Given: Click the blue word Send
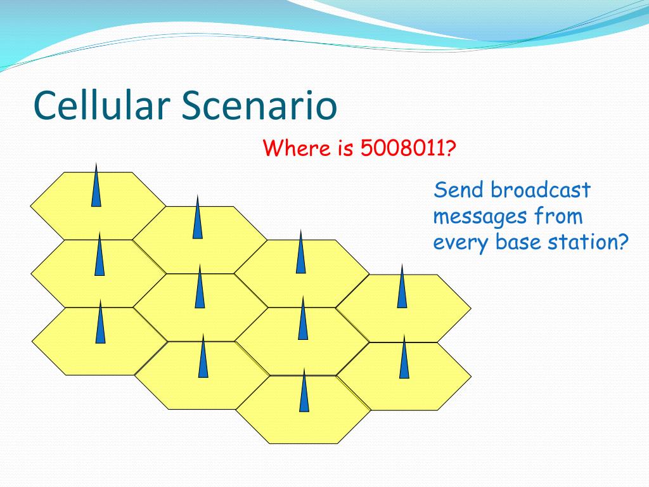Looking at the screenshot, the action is [459, 190].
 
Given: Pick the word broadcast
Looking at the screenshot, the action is [541, 190].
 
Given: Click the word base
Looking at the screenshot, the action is [518, 242].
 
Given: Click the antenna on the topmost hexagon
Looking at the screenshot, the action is [96, 185].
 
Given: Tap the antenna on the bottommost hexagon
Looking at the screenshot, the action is [304, 390].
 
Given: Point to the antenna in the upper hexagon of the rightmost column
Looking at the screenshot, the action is [402, 286].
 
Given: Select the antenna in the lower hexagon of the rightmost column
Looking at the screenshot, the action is [404, 356].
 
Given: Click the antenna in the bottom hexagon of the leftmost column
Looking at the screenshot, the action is [100, 321].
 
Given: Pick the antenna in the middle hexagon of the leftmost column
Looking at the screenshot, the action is [100, 254].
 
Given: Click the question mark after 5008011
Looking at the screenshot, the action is [451, 148].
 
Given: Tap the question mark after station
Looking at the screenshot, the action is [624, 242].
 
